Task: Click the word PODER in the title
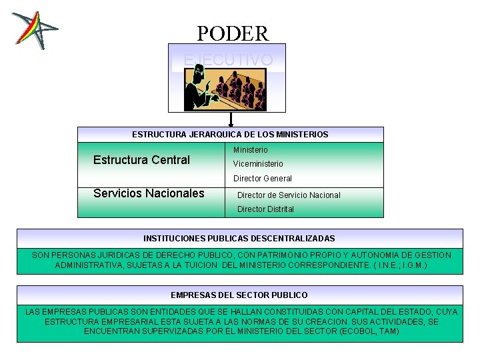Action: [x=233, y=33]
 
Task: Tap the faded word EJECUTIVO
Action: [x=228, y=60]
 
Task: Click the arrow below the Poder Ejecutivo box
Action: [x=231, y=120]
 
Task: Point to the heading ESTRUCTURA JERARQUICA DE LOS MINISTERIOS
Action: [x=230, y=135]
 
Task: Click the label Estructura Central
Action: [x=141, y=160]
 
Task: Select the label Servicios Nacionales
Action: [x=149, y=193]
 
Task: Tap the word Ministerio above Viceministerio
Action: [x=251, y=150]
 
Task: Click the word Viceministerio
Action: [x=258, y=164]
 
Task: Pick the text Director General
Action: [x=263, y=179]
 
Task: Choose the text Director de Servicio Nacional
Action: [x=289, y=195]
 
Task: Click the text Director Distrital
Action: [x=265, y=209]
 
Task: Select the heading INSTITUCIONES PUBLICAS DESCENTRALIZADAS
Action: [x=239, y=238]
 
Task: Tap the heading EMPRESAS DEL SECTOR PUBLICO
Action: [x=239, y=295]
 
